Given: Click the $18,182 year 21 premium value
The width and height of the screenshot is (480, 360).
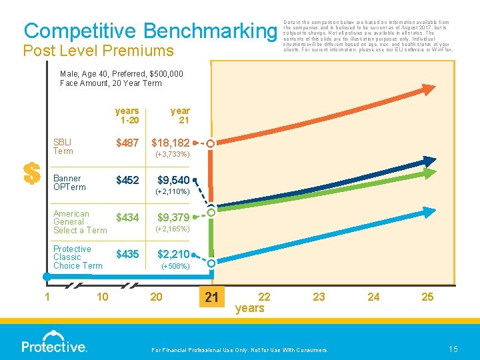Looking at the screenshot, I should [x=171, y=143].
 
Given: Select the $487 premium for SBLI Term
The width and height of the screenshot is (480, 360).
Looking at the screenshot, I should [x=127, y=143].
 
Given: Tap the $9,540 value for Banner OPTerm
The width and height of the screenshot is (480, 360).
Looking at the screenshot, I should [x=173, y=180].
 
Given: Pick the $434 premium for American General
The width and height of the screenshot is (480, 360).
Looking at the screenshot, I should [x=127, y=217].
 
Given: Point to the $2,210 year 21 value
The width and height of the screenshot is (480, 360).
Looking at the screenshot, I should [x=173, y=254].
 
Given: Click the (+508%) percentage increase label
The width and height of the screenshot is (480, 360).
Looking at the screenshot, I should [x=176, y=266].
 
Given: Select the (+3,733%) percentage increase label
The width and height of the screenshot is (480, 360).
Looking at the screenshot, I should [x=173, y=155].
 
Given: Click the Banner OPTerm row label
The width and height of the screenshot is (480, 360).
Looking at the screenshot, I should [x=69, y=183].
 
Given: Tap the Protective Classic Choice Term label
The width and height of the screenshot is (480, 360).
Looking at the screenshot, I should [x=77, y=257].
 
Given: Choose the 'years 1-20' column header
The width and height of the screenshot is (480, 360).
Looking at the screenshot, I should [x=127, y=115].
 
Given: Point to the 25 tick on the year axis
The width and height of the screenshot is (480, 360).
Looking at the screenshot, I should [x=427, y=297].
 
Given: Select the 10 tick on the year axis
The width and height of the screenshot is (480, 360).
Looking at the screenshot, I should [x=103, y=297].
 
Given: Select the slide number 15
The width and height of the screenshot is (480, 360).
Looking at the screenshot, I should [x=453, y=349].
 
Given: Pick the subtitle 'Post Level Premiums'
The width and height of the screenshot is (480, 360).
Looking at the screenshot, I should [x=98, y=51].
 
